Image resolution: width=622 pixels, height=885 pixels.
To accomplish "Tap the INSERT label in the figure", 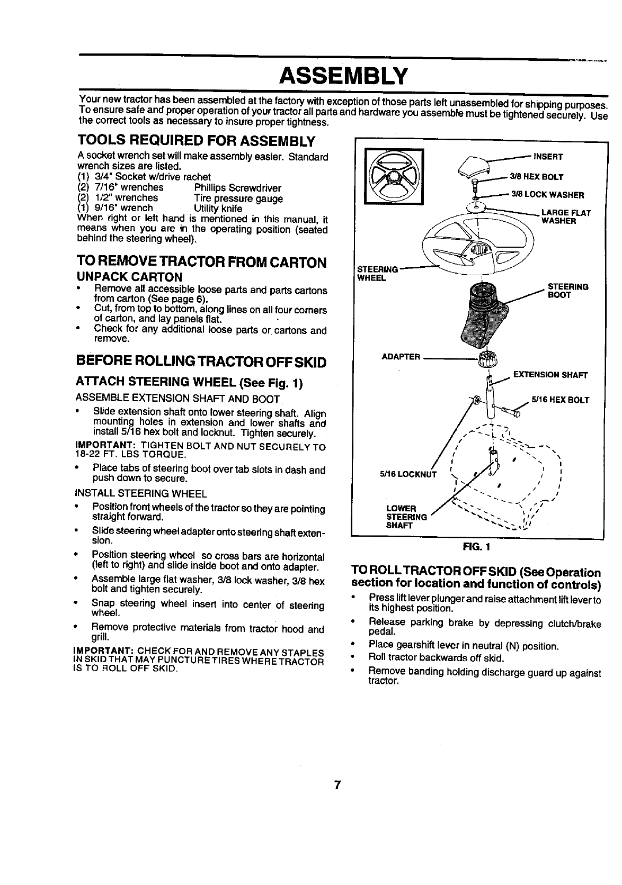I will click(548, 157).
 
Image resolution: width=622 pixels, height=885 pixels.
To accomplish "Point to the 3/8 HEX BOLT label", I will click(536, 177).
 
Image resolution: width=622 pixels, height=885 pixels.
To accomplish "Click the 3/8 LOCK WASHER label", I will click(547, 195).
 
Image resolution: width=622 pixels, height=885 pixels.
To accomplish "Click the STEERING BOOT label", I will click(567, 291).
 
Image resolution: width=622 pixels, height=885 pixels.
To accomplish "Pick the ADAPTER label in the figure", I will click(401, 356).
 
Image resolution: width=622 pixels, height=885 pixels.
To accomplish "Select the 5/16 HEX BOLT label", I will click(560, 400).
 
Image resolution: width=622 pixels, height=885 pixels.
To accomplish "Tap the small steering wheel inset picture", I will click(393, 177).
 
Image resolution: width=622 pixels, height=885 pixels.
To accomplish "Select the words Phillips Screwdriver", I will click(237, 188).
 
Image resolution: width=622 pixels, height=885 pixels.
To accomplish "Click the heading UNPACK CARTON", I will click(130, 277).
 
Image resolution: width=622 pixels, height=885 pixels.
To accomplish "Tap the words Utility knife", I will click(218, 209).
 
